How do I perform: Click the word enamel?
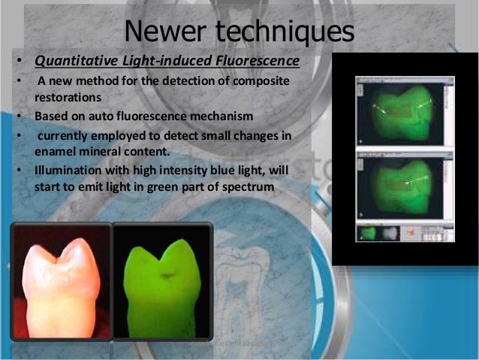click(x=57, y=151)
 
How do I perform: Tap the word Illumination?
click(x=68, y=170)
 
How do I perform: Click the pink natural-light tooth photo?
click(x=60, y=281)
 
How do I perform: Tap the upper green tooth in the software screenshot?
click(x=405, y=110)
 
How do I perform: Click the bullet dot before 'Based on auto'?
click(x=17, y=117)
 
